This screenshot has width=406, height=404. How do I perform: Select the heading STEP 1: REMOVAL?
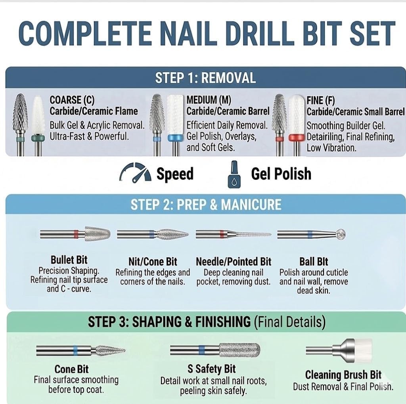206,78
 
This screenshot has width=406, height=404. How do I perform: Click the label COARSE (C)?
72,100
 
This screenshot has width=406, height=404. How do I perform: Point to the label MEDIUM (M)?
209,100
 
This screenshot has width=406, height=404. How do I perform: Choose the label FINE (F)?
320,100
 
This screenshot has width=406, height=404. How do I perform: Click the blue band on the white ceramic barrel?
175,138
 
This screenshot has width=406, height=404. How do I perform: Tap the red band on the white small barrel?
297,138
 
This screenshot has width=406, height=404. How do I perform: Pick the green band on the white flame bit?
38,138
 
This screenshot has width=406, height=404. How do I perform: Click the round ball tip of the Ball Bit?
340,234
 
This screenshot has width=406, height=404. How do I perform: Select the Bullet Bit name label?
69,260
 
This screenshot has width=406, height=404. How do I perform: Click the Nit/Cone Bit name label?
153,262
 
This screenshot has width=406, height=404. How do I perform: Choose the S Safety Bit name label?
212,369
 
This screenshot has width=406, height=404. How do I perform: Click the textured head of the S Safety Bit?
239,350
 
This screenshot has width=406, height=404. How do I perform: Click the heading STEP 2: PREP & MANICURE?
206,204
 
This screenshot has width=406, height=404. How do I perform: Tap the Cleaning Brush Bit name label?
343,375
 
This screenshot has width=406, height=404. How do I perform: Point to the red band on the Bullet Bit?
76,234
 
